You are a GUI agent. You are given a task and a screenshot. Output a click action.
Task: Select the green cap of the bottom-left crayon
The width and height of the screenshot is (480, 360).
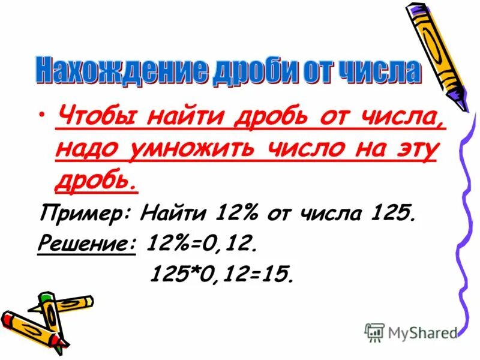click(47, 299)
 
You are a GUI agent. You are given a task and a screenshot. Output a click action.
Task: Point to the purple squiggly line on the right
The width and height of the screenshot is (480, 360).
click(465, 228)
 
